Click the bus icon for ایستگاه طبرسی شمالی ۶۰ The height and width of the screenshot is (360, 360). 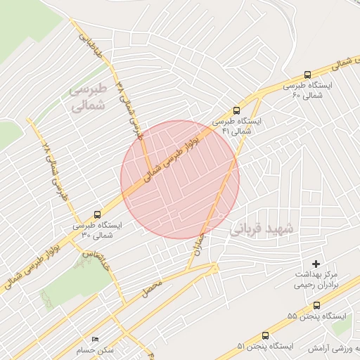click(x=307, y=75)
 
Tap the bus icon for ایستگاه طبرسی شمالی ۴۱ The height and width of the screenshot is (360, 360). click(x=236, y=110)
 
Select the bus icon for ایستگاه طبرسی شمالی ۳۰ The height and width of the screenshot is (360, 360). click(x=96, y=214)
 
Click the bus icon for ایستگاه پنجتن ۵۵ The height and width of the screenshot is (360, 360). click(x=317, y=305)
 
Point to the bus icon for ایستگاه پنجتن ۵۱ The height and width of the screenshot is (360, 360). click(x=265, y=335)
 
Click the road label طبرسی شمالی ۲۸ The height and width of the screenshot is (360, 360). click(x=56, y=166)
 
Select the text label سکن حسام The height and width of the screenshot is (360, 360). click(x=97, y=349)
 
